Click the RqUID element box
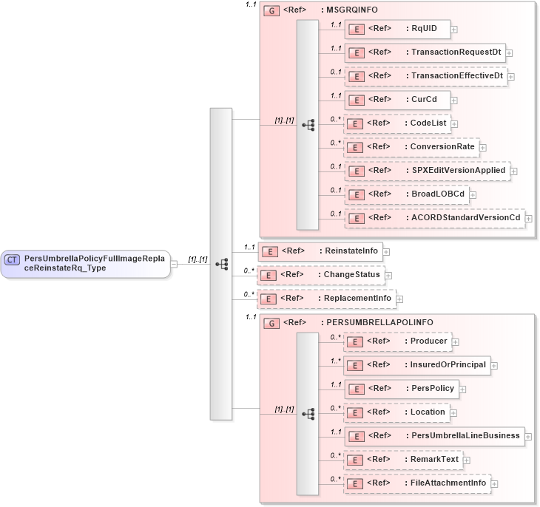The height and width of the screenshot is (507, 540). (x=397, y=29)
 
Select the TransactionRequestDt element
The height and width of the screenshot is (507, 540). (x=425, y=52)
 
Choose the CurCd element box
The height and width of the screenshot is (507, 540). (x=397, y=100)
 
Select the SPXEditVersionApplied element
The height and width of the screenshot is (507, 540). (x=427, y=171)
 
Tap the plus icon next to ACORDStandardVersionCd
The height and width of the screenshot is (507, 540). (x=529, y=218)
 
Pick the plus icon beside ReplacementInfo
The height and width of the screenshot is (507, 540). (x=399, y=299)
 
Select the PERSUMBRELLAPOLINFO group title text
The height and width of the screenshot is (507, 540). (x=377, y=323)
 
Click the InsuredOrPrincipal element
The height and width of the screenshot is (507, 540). (x=416, y=365)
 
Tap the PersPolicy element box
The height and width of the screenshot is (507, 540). (x=402, y=389)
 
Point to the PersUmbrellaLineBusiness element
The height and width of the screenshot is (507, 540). (x=434, y=435)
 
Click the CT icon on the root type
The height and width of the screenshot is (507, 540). (x=13, y=259)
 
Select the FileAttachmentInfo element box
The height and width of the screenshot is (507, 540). (x=417, y=483)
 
